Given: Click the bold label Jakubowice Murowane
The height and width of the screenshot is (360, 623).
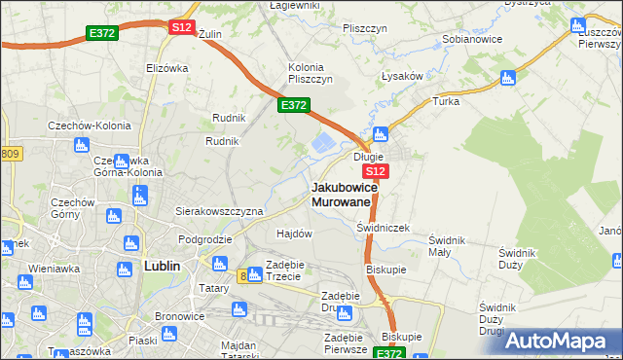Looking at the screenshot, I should [x=341, y=194].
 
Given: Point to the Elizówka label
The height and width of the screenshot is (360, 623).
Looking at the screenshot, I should [x=165, y=68].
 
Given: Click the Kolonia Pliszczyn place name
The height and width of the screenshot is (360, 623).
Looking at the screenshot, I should [x=311, y=73].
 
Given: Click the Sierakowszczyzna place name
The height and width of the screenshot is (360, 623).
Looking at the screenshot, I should [x=219, y=210].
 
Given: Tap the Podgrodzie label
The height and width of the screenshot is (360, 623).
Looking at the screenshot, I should [x=204, y=238].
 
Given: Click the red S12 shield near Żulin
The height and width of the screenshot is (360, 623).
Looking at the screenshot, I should [x=181, y=27].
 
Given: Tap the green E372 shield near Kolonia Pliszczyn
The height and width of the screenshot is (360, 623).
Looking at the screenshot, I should [x=294, y=105].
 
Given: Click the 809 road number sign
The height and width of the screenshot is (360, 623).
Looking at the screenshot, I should [x=10, y=154].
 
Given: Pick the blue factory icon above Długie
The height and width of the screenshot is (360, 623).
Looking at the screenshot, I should [x=382, y=134].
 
